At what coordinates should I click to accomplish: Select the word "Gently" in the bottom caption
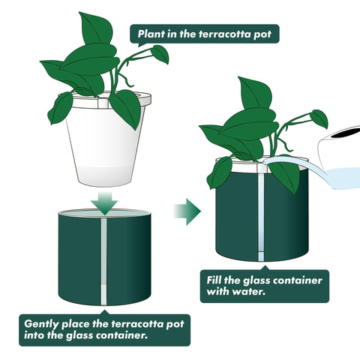(41, 324)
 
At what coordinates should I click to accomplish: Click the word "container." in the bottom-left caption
(121, 335)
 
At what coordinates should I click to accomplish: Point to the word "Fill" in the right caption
(214, 280)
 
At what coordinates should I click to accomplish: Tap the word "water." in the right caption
(249, 292)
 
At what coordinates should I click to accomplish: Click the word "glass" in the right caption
(256, 280)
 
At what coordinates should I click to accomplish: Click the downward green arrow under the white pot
(104, 203)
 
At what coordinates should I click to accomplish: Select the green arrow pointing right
(187, 211)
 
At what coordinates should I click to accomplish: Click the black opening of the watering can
(346, 132)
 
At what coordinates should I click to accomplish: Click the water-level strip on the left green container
(103, 261)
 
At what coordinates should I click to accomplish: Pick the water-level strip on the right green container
(261, 217)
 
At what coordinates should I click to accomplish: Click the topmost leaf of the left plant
(96, 28)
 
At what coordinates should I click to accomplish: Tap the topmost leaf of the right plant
(255, 93)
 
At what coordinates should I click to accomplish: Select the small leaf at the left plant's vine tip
(160, 53)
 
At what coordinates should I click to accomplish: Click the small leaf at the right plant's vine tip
(319, 118)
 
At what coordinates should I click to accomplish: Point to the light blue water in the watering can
(345, 178)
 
